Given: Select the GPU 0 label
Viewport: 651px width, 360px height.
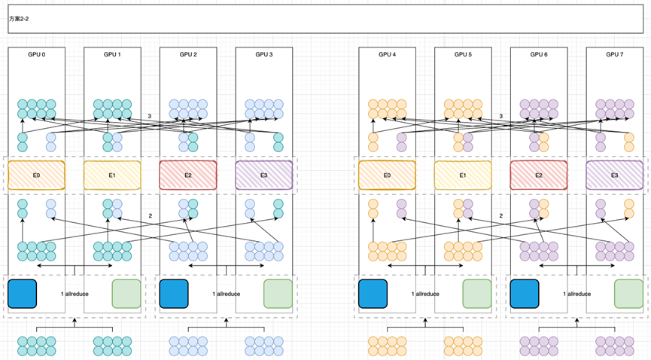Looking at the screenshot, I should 37,54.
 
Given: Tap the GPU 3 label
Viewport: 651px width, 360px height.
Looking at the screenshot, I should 263,54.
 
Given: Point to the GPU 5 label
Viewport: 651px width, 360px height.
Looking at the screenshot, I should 463,54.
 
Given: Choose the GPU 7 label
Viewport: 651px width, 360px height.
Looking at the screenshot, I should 615,54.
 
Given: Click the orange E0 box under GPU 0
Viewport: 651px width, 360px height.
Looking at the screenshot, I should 36,175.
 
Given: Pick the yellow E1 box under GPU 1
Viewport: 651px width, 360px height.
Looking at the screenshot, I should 111,175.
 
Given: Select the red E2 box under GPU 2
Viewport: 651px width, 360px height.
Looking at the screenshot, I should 187,175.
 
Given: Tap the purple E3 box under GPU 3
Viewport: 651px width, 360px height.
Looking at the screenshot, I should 263,175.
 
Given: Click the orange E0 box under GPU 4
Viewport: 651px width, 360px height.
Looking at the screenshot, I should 387,175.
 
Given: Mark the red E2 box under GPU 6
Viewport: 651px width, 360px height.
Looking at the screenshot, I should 539,175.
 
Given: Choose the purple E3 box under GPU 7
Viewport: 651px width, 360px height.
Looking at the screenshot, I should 615,175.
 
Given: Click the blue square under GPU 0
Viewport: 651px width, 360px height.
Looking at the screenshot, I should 22,294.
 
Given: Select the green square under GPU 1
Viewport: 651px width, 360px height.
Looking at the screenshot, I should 126,294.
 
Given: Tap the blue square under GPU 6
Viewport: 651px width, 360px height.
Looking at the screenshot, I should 525,294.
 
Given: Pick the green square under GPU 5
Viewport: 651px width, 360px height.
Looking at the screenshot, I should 477,294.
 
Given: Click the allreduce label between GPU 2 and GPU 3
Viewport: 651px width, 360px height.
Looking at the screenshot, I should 226,294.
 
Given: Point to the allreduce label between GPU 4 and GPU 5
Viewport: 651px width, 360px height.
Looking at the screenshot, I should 425,294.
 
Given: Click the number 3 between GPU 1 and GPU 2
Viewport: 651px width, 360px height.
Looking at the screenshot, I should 150,116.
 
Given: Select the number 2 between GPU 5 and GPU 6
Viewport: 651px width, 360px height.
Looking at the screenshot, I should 501,216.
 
